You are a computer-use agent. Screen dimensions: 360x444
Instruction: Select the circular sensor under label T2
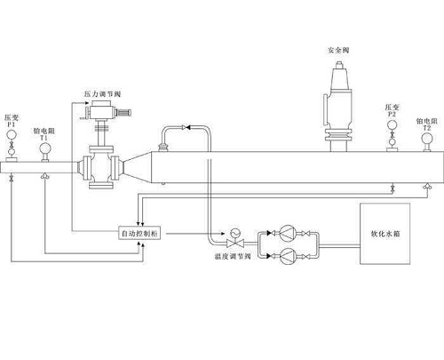(427, 140)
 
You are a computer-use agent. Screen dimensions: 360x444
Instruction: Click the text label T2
(427, 127)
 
